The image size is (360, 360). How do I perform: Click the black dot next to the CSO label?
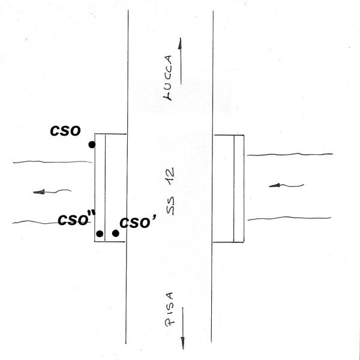(91, 145)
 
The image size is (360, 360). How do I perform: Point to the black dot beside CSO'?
(115, 233)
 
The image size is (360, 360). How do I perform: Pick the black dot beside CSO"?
(100, 233)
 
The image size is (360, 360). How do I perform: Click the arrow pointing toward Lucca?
(179, 54)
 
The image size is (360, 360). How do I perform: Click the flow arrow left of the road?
(51, 192)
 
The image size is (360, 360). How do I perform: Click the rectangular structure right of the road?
(229, 188)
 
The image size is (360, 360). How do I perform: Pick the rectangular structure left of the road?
(110, 188)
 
